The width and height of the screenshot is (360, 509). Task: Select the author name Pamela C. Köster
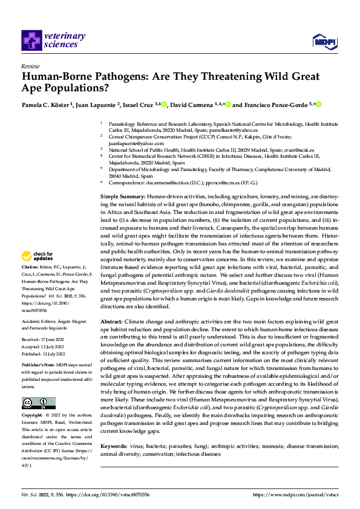(46, 105)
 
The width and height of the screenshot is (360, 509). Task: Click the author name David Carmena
(196, 105)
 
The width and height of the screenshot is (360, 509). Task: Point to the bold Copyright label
(32, 416)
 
